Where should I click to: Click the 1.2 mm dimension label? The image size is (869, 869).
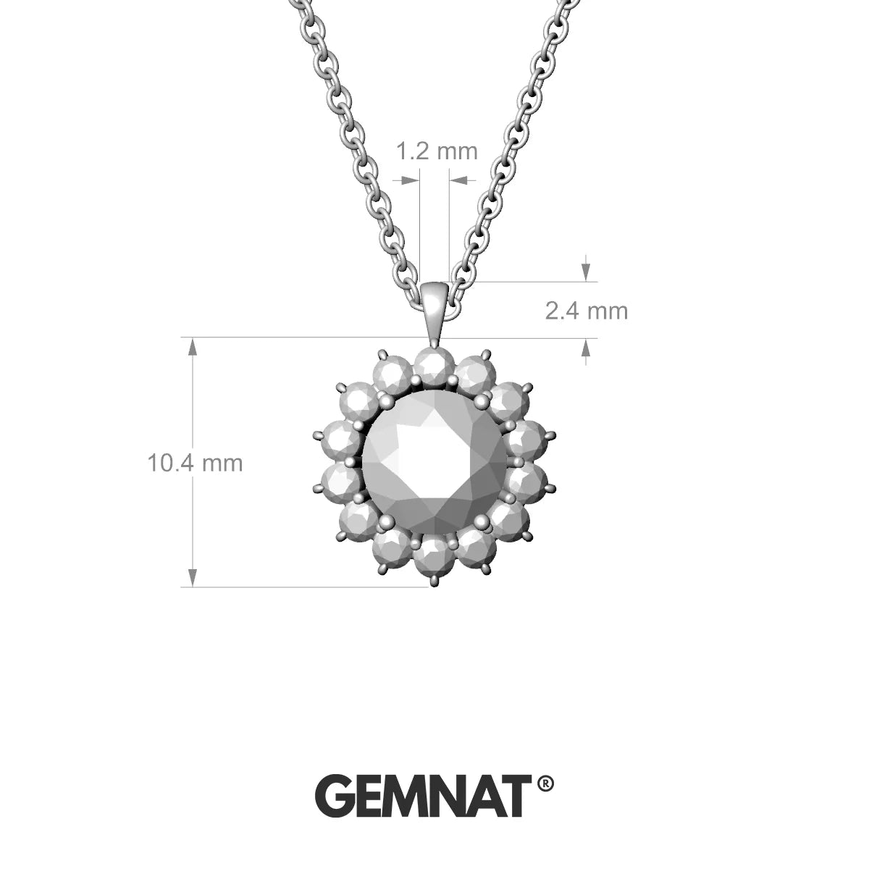(x=437, y=151)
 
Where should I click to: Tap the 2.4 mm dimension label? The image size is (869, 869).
(x=586, y=311)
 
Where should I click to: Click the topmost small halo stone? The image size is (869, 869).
(x=433, y=364)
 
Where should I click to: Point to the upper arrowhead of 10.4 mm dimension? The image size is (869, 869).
(x=193, y=347)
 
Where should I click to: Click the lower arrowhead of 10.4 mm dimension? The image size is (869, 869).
(x=193, y=576)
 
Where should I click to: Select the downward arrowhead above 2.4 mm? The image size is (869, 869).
(x=586, y=272)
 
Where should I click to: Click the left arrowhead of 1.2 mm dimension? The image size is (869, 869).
(x=411, y=179)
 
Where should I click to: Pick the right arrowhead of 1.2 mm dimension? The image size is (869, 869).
(x=458, y=179)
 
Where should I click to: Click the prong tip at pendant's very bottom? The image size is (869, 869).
(x=434, y=581)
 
